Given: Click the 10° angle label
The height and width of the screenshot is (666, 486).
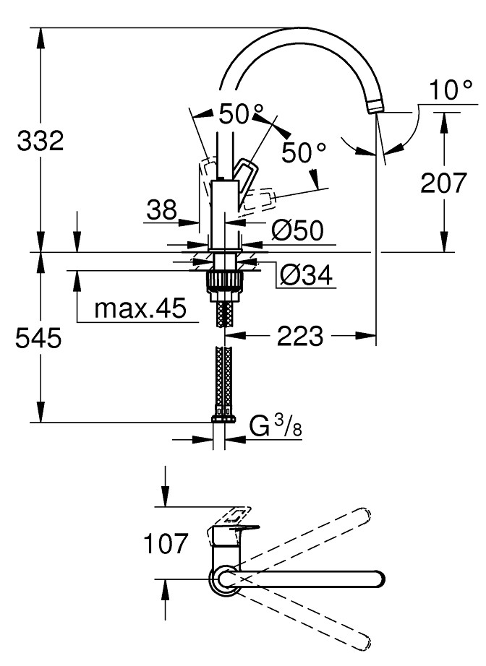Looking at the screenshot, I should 450,92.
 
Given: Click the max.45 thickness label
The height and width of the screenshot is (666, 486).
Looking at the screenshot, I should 140,310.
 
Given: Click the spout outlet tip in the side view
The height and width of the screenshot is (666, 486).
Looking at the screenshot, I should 374,107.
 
